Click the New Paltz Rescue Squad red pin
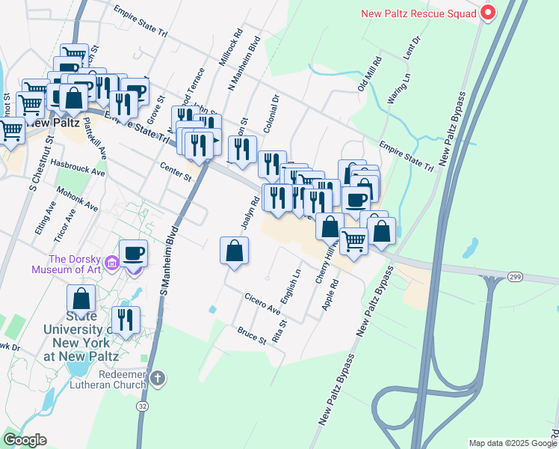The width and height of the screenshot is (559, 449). click(488, 13)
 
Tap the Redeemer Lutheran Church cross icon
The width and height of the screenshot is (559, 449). click(157, 378)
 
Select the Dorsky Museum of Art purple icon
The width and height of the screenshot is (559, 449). click(112, 263)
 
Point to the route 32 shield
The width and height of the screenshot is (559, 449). click(142, 405)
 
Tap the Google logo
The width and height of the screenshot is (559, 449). click(25, 440)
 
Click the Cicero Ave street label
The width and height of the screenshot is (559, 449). click(262, 304)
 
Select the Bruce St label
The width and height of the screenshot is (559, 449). click(252, 335)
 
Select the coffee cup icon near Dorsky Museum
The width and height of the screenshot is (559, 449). click(133, 252)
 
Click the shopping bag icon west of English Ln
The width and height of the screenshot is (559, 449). click(235, 250)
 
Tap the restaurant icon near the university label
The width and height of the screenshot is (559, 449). click(126, 320)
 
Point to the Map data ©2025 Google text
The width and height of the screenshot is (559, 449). click(511, 443)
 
